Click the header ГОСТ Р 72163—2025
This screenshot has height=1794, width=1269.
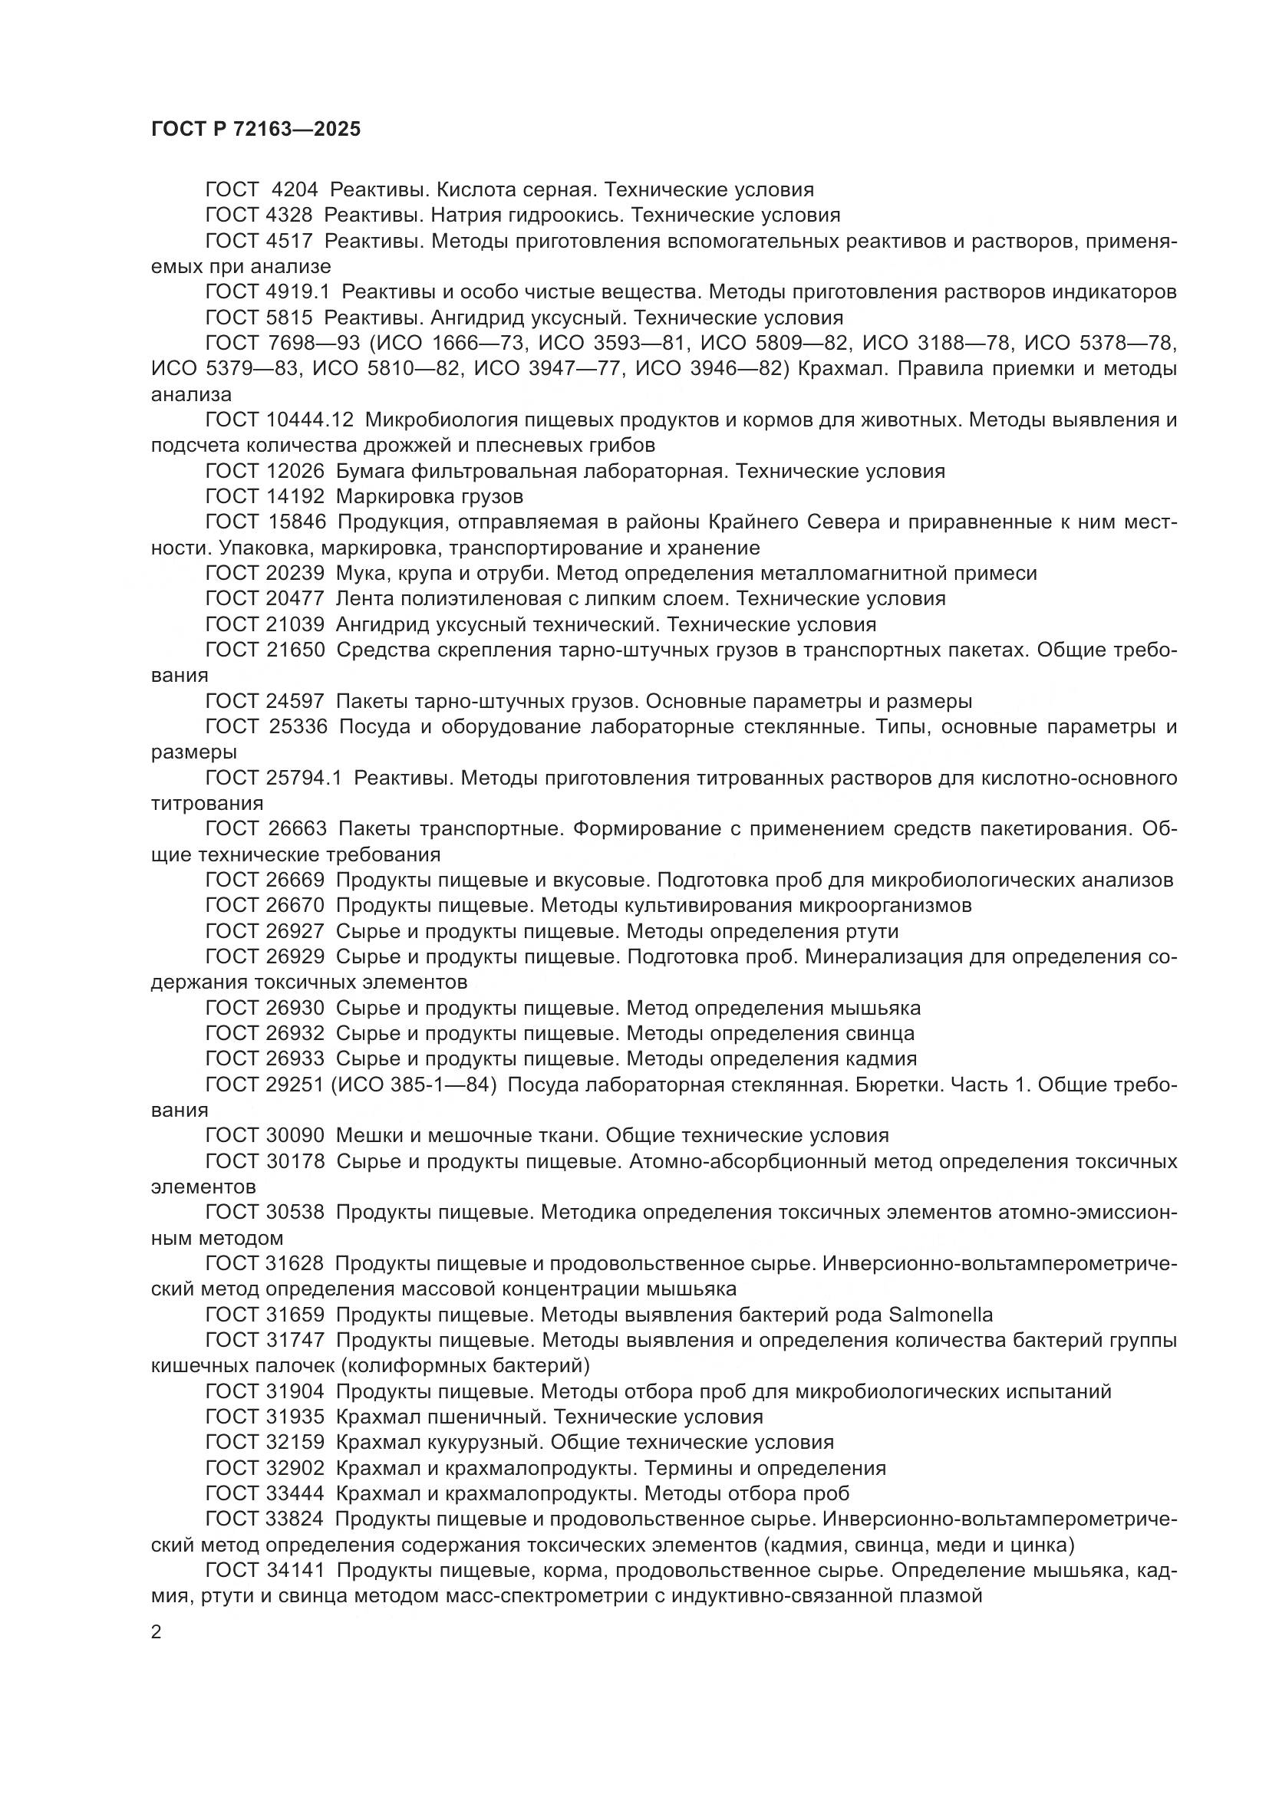(x=255, y=129)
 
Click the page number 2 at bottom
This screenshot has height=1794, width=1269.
(x=157, y=1631)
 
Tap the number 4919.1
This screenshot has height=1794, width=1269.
(x=298, y=292)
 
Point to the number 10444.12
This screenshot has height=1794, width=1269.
(x=305, y=420)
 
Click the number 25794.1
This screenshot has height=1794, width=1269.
(x=302, y=778)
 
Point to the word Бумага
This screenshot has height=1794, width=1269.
(x=370, y=471)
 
